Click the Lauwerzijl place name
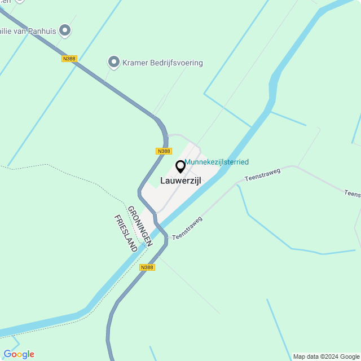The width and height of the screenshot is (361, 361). pos(180,180)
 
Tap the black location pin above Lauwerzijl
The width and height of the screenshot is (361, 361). pos(180,167)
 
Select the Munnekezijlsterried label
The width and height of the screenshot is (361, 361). pos(217,162)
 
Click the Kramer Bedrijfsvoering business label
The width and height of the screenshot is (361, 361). pos(162,63)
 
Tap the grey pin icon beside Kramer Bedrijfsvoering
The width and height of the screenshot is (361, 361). pos(114,61)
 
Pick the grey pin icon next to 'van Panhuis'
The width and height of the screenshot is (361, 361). pos(65,30)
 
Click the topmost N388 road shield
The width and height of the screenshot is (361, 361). pos(69,58)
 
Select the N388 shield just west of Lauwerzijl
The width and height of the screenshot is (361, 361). pos(164,151)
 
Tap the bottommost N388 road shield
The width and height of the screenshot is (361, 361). pos(147,267)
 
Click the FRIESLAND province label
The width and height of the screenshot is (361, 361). pos(126,233)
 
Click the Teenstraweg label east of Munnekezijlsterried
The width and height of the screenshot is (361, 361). pos(262,174)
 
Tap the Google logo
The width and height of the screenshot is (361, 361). pos(19,354)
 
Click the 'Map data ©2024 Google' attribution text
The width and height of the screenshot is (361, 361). pos(326,356)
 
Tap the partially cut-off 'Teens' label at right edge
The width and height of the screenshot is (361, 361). pos(353,194)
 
